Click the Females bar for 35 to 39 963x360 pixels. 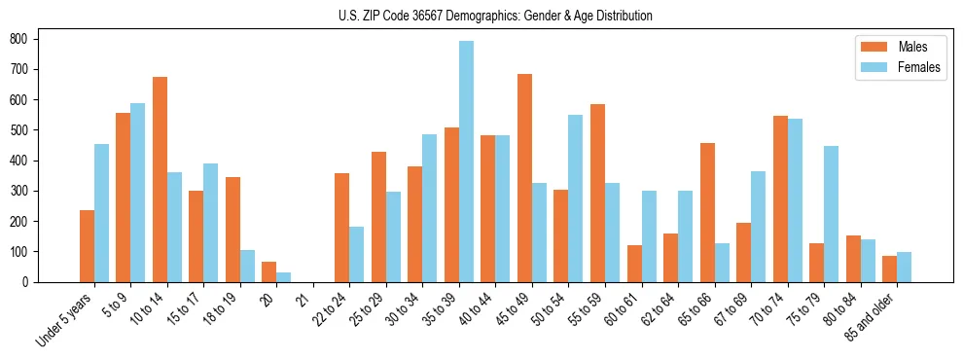[467, 162]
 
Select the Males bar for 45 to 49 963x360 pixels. [525, 178]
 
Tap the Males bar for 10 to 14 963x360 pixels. [160, 179]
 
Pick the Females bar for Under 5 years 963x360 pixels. [102, 213]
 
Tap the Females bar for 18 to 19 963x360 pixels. [248, 266]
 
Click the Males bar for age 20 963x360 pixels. [269, 271]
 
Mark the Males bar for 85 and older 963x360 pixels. [890, 269]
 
